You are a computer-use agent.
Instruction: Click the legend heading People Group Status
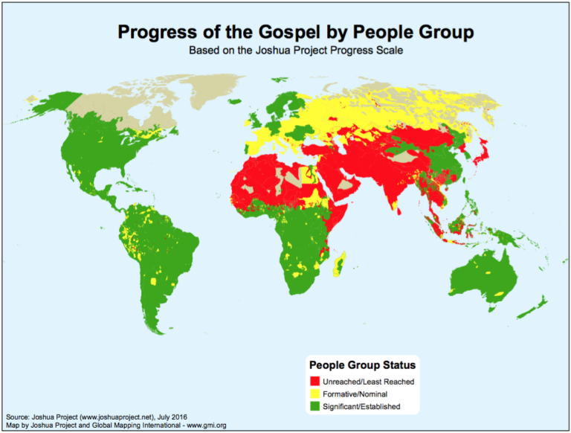[362, 365]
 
